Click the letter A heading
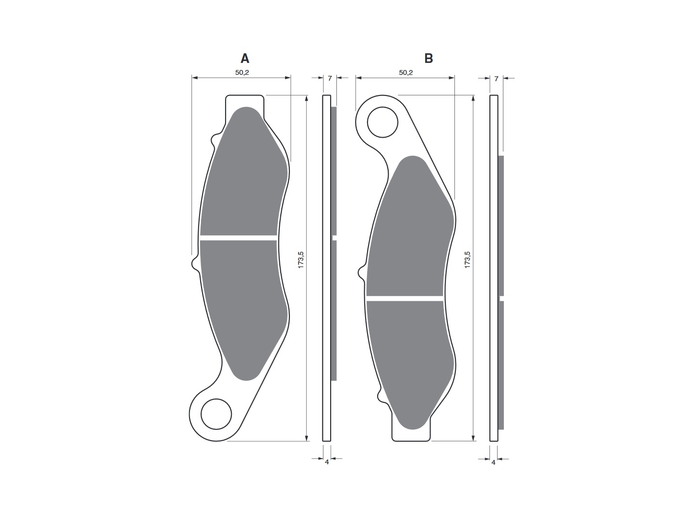click(245, 59)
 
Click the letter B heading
click(429, 59)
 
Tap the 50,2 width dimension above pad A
click(242, 72)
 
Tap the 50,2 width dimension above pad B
click(406, 72)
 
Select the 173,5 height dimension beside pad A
click(301, 260)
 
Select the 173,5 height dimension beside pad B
click(467, 260)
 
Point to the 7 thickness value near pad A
click(330, 78)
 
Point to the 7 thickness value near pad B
click(497, 79)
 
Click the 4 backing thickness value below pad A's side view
click(327, 462)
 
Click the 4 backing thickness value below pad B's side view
click(493, 462)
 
